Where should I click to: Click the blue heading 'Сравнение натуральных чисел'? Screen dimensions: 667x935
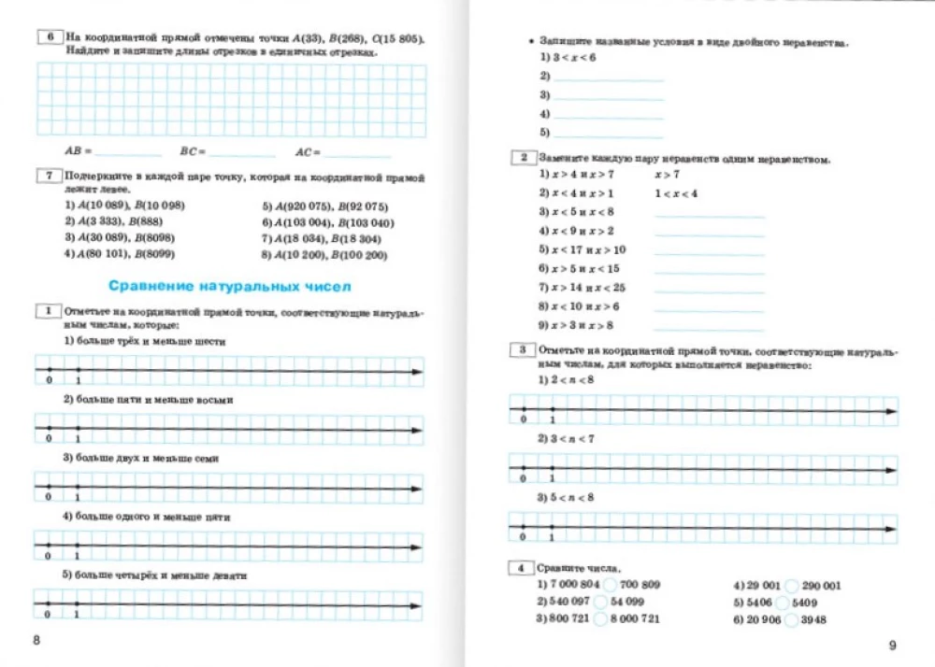tap(229, 286)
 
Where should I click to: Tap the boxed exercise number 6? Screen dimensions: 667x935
tap(47, 38)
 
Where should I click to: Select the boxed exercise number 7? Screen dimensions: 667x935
tap(47, 176)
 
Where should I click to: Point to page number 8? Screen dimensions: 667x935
tap(36, 640)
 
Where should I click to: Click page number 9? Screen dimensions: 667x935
tap(891, 645)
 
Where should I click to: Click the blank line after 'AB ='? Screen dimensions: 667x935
tap(127, 151)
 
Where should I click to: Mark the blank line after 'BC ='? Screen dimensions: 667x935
tap(242, 151)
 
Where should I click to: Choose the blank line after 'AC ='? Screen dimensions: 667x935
tap(356, 151)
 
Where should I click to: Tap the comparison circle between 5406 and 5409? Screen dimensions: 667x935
tap(782, 603)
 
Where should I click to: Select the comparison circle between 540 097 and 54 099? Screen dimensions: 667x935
tap(599, 603)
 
